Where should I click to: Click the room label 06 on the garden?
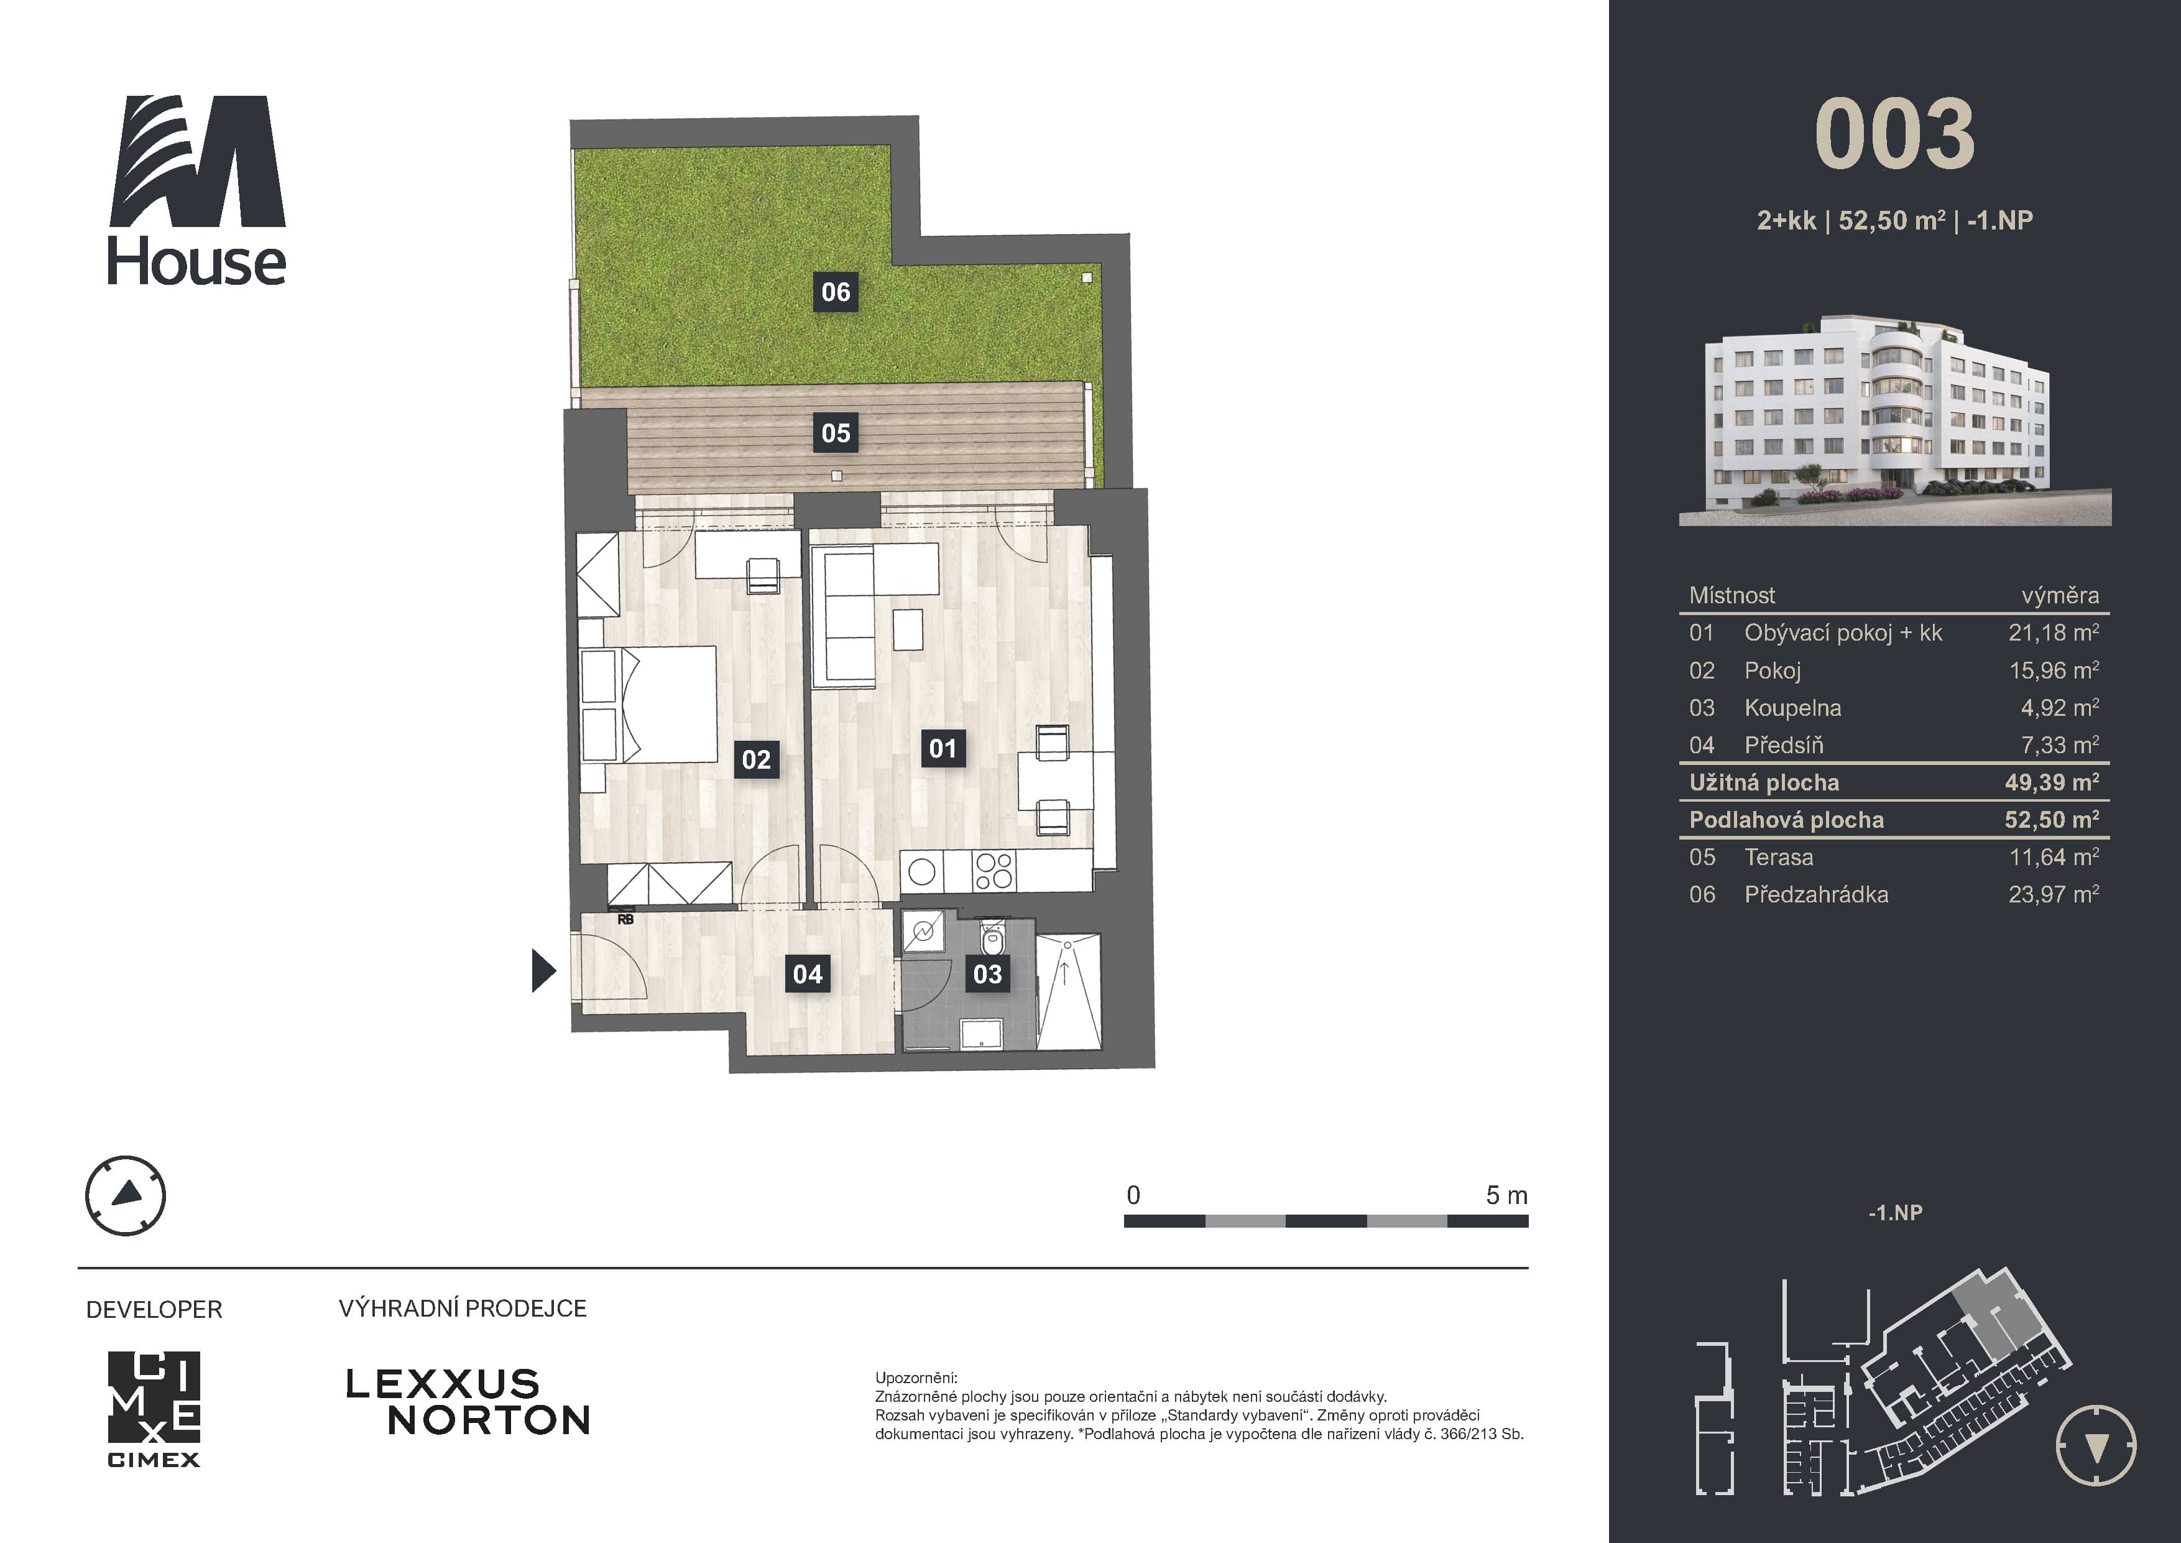click(836, 292)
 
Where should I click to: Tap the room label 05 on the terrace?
click(836, 433)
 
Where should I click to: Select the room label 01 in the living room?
click(943, 749)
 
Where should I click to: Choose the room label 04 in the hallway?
click(808, 974)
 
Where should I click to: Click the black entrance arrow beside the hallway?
click(543, 970)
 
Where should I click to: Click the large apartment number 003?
click(1894, 135)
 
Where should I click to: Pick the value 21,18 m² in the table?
click(2054, 632)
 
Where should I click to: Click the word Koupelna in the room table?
click(1792, 708)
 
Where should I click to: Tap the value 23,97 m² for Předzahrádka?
click(2054, 894)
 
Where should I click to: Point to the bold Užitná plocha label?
click(1764, 783)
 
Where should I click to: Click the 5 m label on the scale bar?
click(1506, 1195)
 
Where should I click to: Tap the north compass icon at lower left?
click(126, 1195)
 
